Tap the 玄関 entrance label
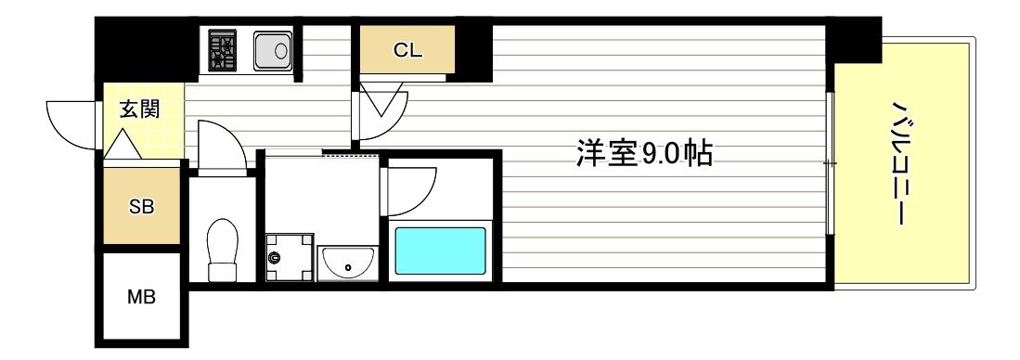pos(138,109)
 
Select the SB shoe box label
pos(141,207)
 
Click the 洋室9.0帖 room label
pos(644,154)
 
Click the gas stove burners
pos(222,50)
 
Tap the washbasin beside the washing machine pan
pos(347,262)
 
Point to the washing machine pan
pos(289,254)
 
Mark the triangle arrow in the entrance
pos(122,144)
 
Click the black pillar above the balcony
pos(853,41)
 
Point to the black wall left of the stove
pos(147,51)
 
